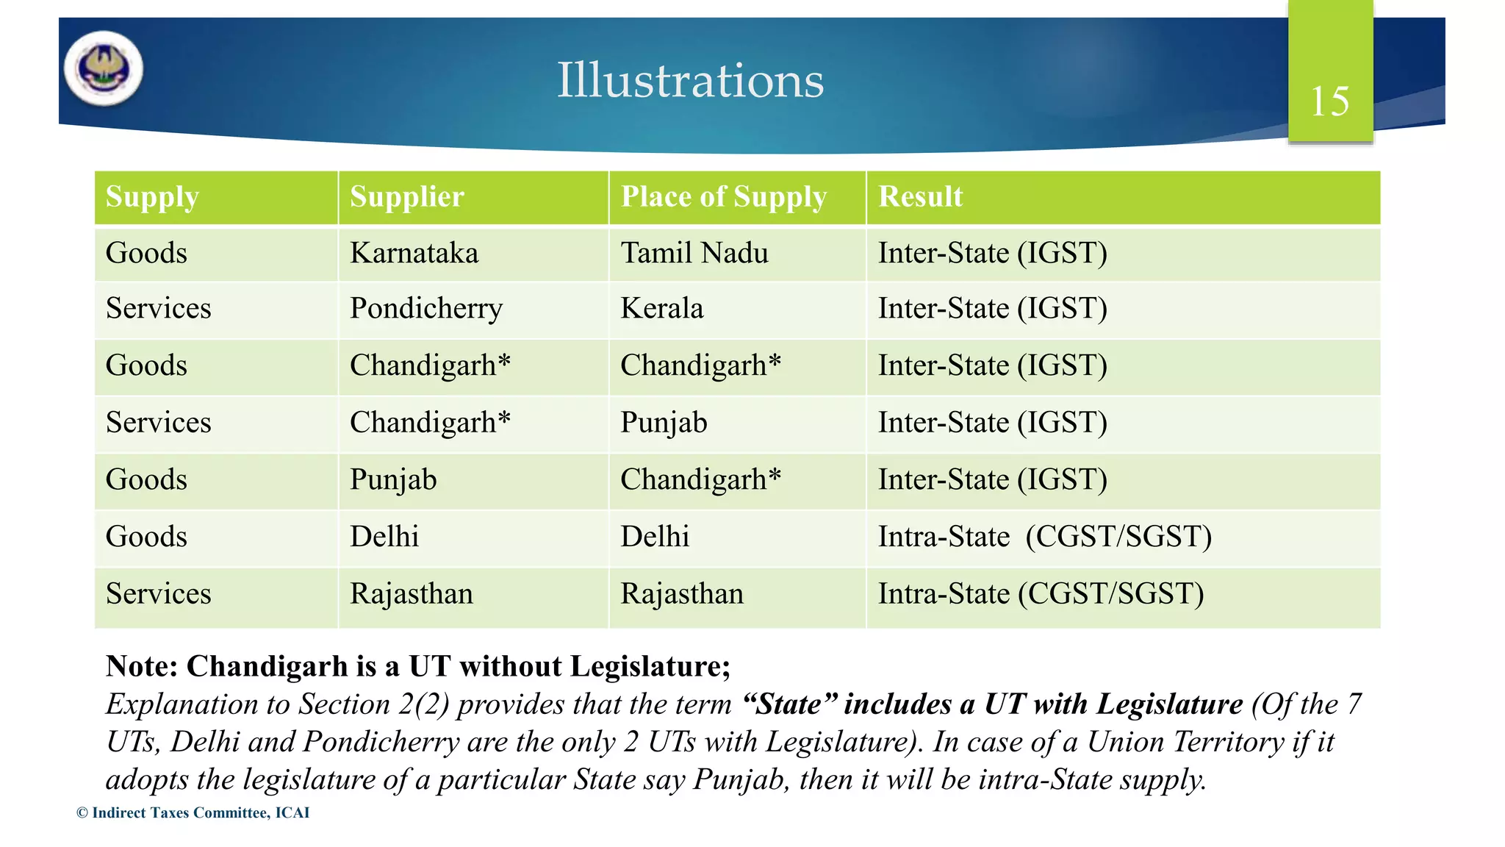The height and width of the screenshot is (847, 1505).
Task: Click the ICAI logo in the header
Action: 104,68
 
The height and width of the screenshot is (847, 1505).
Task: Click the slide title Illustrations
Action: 689,80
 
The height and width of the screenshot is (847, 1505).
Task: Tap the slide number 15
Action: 1329,101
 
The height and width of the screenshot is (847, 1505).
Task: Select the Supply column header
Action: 152,197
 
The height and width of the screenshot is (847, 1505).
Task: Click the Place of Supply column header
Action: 723,197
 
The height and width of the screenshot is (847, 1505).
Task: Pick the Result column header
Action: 920,197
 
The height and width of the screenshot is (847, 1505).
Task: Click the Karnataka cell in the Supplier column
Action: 414,254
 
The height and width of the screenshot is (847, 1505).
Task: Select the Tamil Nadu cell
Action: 694,254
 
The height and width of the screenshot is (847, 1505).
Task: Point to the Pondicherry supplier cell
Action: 426,309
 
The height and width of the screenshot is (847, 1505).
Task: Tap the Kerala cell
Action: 662,309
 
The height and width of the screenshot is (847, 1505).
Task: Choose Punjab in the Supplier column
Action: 393,480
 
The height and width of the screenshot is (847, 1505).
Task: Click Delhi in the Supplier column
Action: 384,537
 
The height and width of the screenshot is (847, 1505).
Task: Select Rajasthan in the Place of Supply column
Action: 682,594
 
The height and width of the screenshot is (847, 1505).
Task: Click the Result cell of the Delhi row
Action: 1044,537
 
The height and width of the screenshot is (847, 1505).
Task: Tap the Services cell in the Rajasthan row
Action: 158,594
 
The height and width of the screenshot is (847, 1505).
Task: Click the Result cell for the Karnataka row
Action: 992,254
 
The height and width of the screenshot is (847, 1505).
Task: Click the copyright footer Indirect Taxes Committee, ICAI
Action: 193,812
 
